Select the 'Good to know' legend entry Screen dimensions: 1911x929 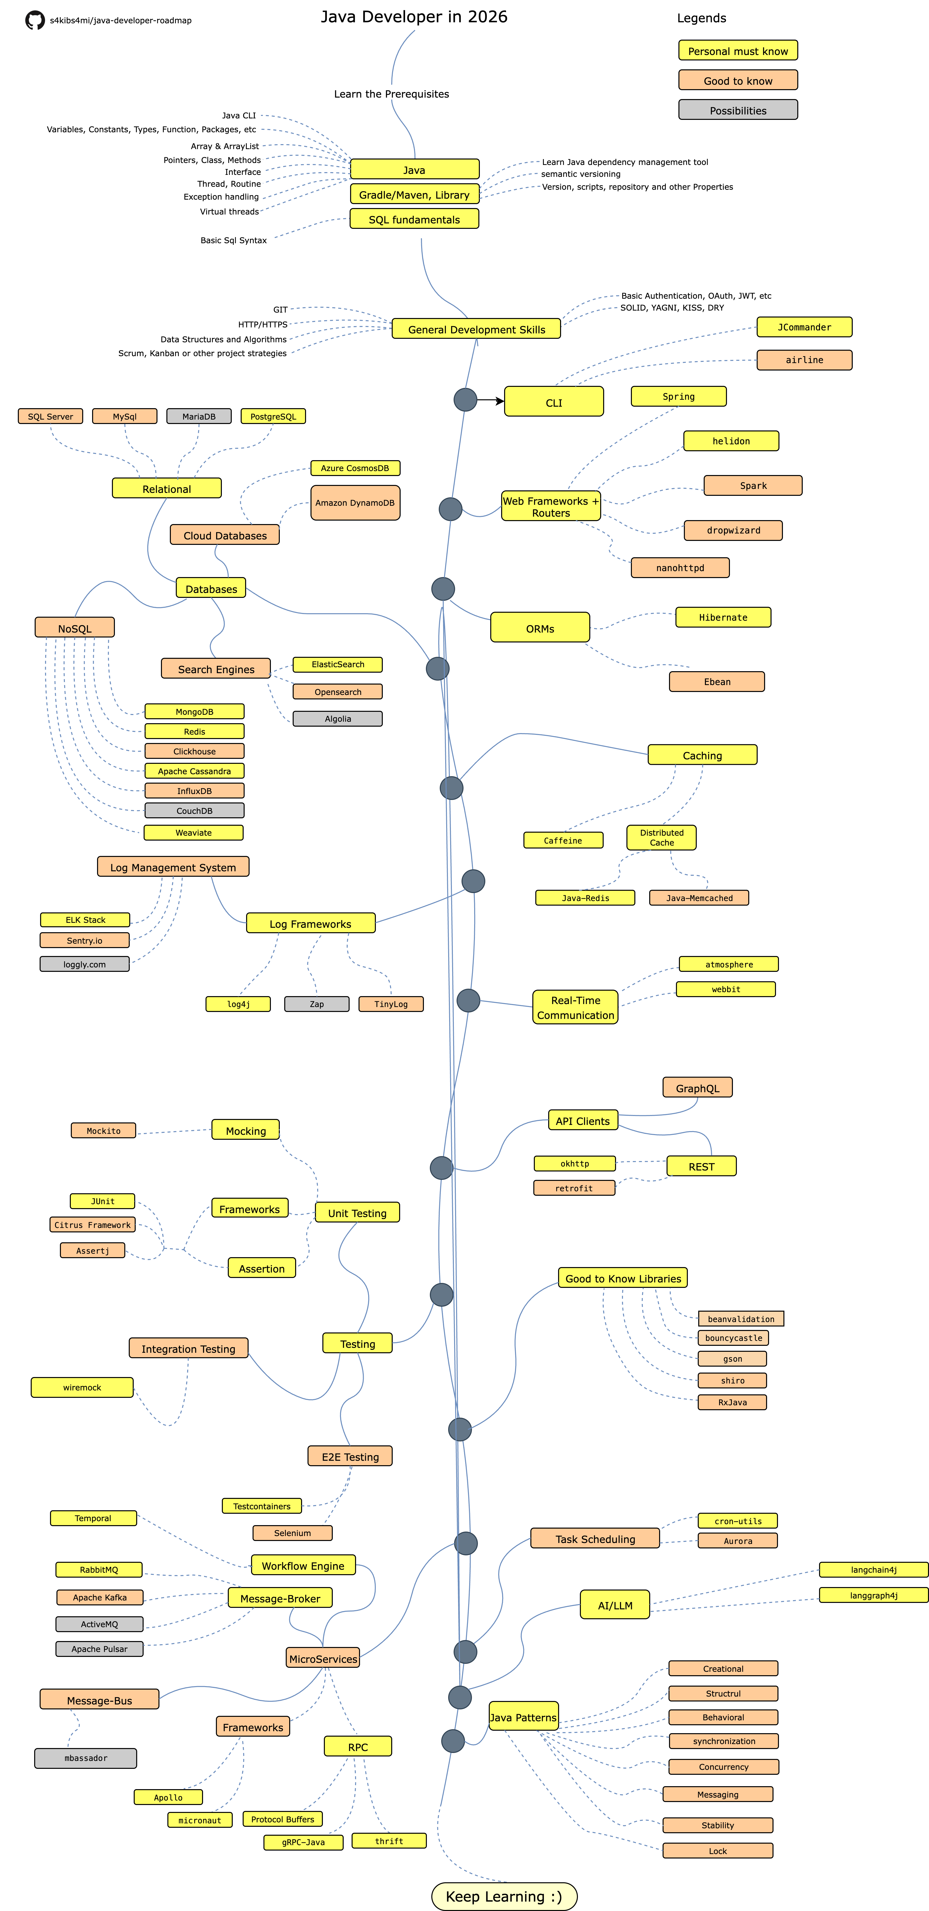point(738,80)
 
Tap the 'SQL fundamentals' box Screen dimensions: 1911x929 point(414,219)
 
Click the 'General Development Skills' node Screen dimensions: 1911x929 point(476,329)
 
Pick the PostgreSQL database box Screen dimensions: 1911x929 point(273,416)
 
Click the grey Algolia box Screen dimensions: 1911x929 point(337,718)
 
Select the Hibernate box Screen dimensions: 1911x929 point(723,616)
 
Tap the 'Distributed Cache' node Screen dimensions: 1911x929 point(661,837)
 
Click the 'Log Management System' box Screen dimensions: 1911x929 point(173,867)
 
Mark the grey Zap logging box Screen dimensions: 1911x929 point(317,1004)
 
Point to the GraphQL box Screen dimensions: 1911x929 point(697,1088)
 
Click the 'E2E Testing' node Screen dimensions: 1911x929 point(350,1456)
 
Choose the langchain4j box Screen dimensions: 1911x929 point(873,1569)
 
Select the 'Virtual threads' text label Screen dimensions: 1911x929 point(229,212)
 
